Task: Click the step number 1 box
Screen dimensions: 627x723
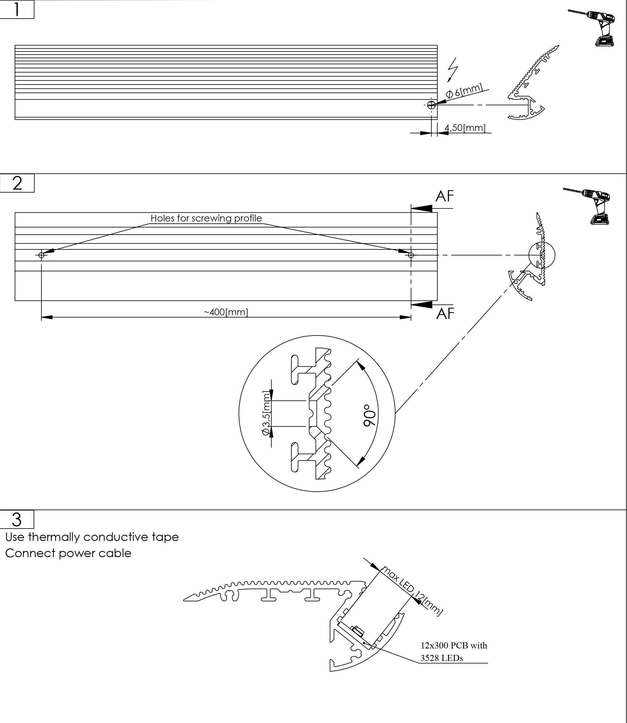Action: [x=17, y=9]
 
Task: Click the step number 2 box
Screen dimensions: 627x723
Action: [x=17, y=183]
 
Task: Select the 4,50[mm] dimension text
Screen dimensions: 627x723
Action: [x=465, y=128]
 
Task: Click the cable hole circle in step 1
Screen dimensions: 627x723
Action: [x=431, y=105]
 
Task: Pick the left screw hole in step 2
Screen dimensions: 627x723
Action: [x=42, y=255]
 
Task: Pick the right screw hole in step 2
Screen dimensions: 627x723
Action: [x=411, y=255]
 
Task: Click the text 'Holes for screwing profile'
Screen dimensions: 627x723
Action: [x=206, y=218]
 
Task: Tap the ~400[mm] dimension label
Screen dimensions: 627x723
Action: [x=226, y=312]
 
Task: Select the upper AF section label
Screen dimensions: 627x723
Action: [x=445, y=196]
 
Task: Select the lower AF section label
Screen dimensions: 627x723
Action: [x=445, y=314]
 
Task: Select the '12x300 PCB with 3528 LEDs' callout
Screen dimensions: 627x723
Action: [x=454, y=652]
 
